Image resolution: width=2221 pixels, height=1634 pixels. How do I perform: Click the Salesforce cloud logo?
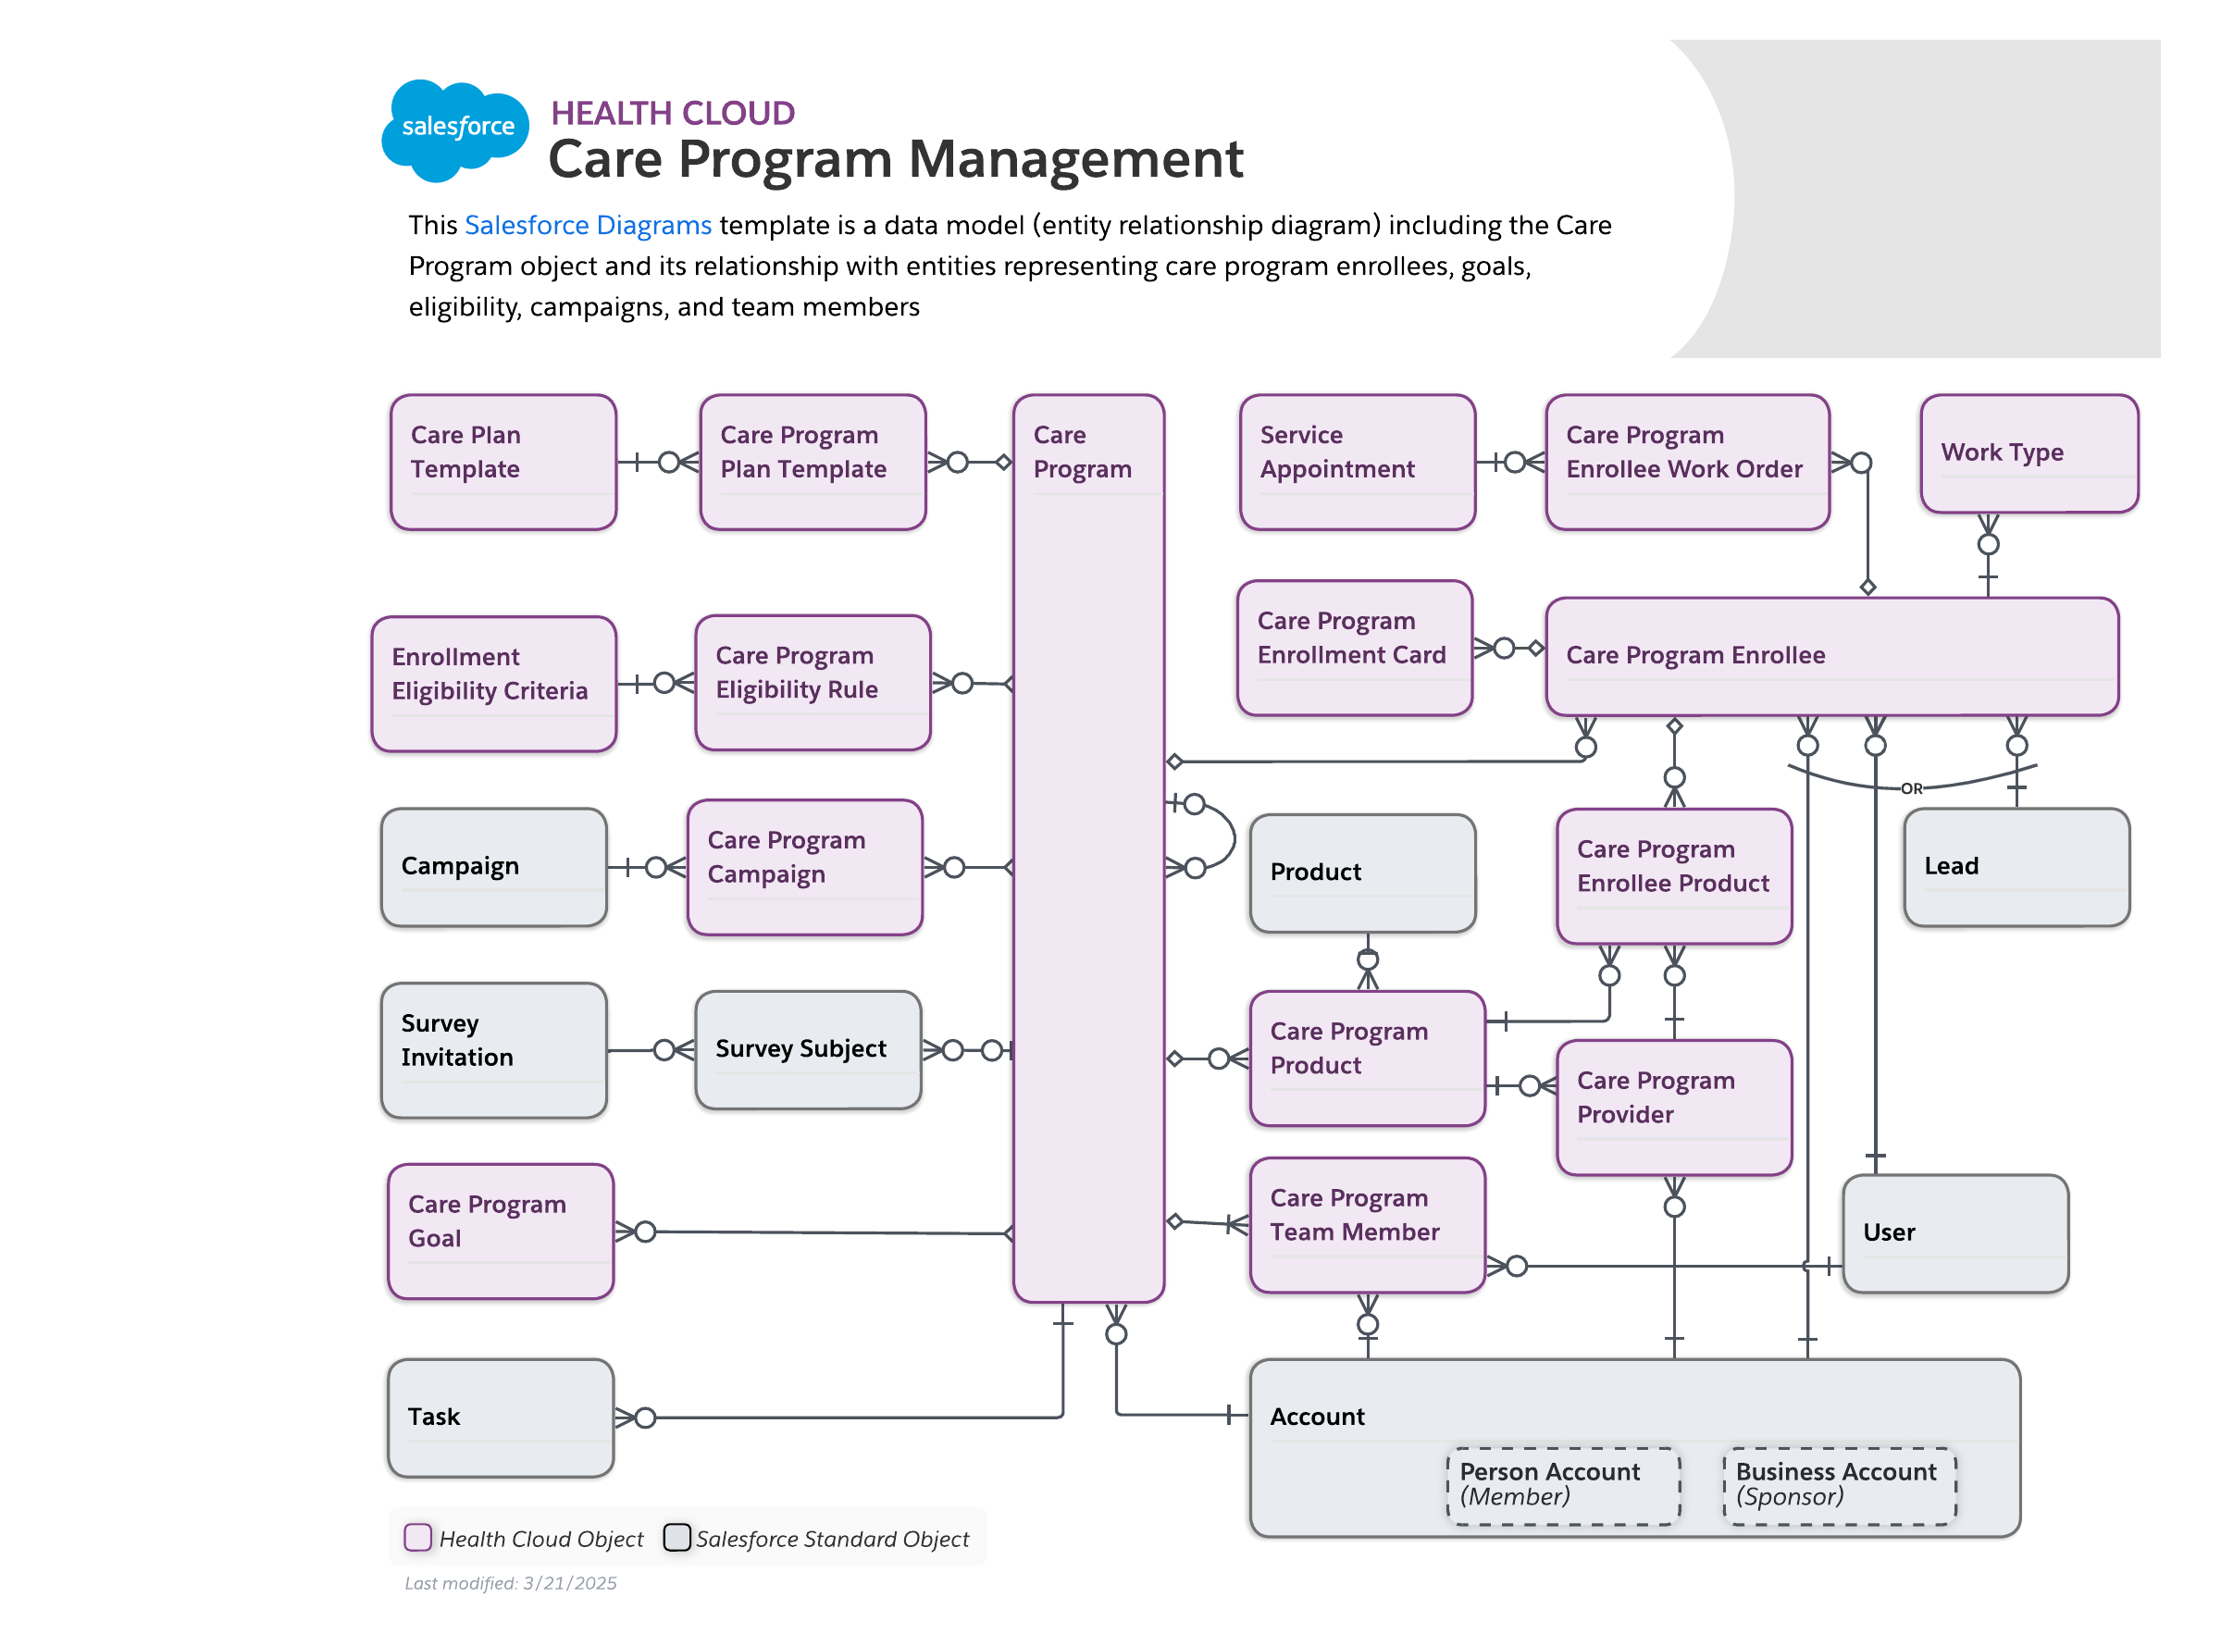pyautogui.click(x=455, y=130)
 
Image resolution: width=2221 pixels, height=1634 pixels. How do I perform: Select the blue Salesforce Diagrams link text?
pyautogui.click(x=588, y=226)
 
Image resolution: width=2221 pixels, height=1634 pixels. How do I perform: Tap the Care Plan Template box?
pyautogui.click(x=503, y=462)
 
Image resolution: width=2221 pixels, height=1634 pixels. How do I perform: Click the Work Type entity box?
pyautogui.click(x=2029, y=453)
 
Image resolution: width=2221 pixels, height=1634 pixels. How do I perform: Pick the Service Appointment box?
pyautogui.click(x=1357, y=462)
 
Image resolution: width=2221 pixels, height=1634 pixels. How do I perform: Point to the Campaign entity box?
pyautogui.click(x=493, y=866)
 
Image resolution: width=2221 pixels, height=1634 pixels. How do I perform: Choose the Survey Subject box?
pyautogui.click(x=807, y=1049)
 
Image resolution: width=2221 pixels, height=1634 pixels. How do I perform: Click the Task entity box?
pyautogui.click(x=501, y=1417)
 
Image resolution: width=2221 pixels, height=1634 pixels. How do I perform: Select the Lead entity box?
pyautogui.click(x=2016, y=866)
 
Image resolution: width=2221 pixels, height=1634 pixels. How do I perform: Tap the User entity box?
pyautogui.click(x=1954, y=1232)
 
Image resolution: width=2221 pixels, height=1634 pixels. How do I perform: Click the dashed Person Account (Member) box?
pyautogui.click(x=1562, y=1485)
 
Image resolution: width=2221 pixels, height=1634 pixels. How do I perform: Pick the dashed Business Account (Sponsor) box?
pyautogui.click(x=1838, y=1485)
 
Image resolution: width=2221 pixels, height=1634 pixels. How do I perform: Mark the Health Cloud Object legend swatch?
pyautogui.click(x=417, y=1537)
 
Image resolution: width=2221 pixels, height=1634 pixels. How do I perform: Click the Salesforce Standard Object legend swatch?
pyautogui.click(x=676, y=1537)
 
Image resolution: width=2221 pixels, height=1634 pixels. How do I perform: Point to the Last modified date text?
pyautogui.click(x=510, y=1582)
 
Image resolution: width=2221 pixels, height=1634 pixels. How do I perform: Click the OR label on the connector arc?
pyautogui.click(x=1910, y=788)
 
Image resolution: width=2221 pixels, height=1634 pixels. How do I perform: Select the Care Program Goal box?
pyautogui.click(x=501, y=1231)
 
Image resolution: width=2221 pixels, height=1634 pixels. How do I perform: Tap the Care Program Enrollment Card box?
pyautogui.click(x=1353, y=647)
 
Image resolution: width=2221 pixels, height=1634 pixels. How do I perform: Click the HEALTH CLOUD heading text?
pyautogui.click(x=672, y=113)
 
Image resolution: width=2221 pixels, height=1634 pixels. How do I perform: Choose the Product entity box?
pyautogui.click(x=1362, y=873)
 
